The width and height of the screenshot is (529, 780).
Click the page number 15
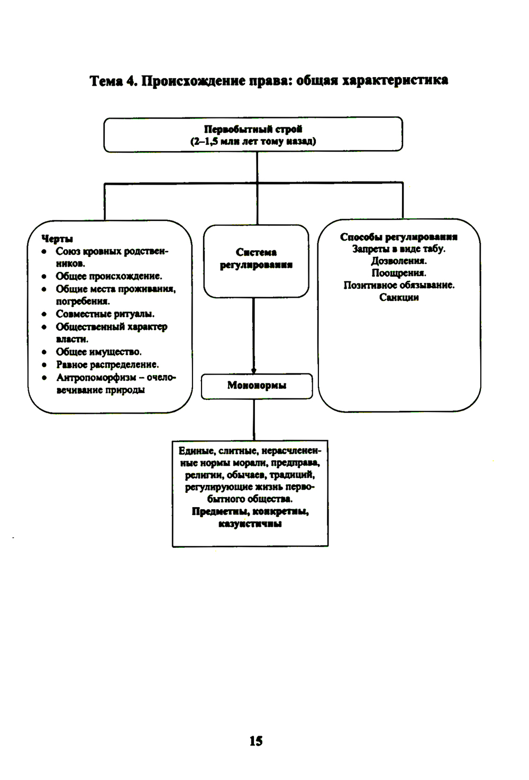tap(256, 741)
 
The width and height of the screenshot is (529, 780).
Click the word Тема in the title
tap(106, 81)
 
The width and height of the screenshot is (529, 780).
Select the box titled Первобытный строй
tap(253, 134)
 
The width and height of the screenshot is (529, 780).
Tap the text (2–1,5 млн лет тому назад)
tap(253, 141)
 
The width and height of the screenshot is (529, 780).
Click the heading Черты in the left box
tap(57, 238)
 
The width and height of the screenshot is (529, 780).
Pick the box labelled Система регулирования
tap(256, 260)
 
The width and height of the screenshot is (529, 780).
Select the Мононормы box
tap(257, 386)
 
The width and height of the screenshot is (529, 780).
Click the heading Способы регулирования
tap(399, 237)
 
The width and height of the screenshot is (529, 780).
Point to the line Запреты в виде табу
tap(399, 249)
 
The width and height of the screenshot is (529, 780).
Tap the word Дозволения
tap(399, 261)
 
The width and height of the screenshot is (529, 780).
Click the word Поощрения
tap(399, 273)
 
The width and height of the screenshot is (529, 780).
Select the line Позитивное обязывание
tap(399, 285)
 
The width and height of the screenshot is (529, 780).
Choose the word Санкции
tap(399, 297)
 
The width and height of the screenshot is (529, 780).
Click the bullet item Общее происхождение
tap(109, 276)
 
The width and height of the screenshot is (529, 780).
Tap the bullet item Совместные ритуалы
tap(105, 314)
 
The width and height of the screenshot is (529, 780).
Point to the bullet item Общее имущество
tap(99, 352)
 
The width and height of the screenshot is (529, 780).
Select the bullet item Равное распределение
tap(107, 364)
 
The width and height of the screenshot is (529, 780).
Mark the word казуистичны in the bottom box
tap(250, 524)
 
